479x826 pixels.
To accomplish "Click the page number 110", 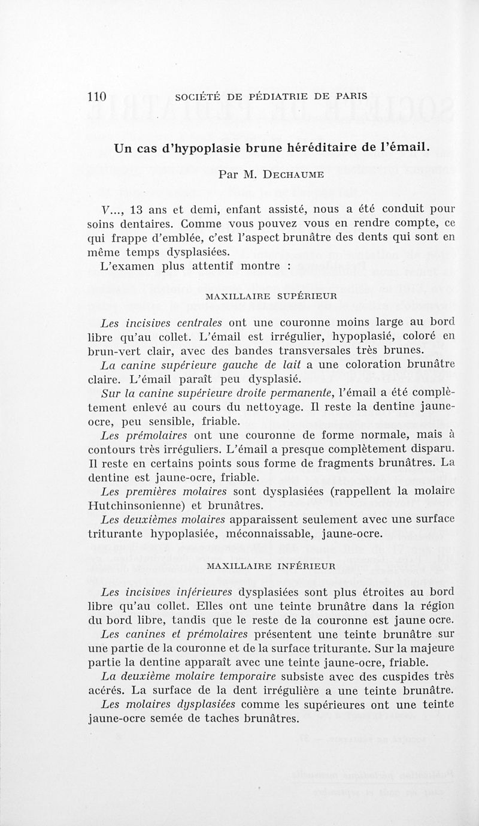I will (96, 97).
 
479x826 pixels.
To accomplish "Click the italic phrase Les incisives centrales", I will (162, 321).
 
